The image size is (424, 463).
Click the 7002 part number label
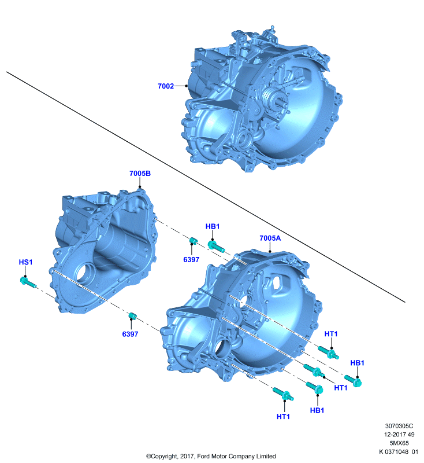[x=166, y=86]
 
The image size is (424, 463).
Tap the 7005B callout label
[x=140, y=173]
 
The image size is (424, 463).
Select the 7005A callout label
[x=270, y=238]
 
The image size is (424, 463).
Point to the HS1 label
[x=25, y=262]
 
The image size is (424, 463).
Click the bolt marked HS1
[x=28, y=282]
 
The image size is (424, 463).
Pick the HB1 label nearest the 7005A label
[x=213, y=226]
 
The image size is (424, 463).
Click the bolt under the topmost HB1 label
[x=216, y=247]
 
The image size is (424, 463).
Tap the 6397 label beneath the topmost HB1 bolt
[x=191, y=259]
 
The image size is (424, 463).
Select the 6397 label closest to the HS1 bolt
[x=130, y=334]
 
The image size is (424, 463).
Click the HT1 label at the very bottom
[x=283, y=416]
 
